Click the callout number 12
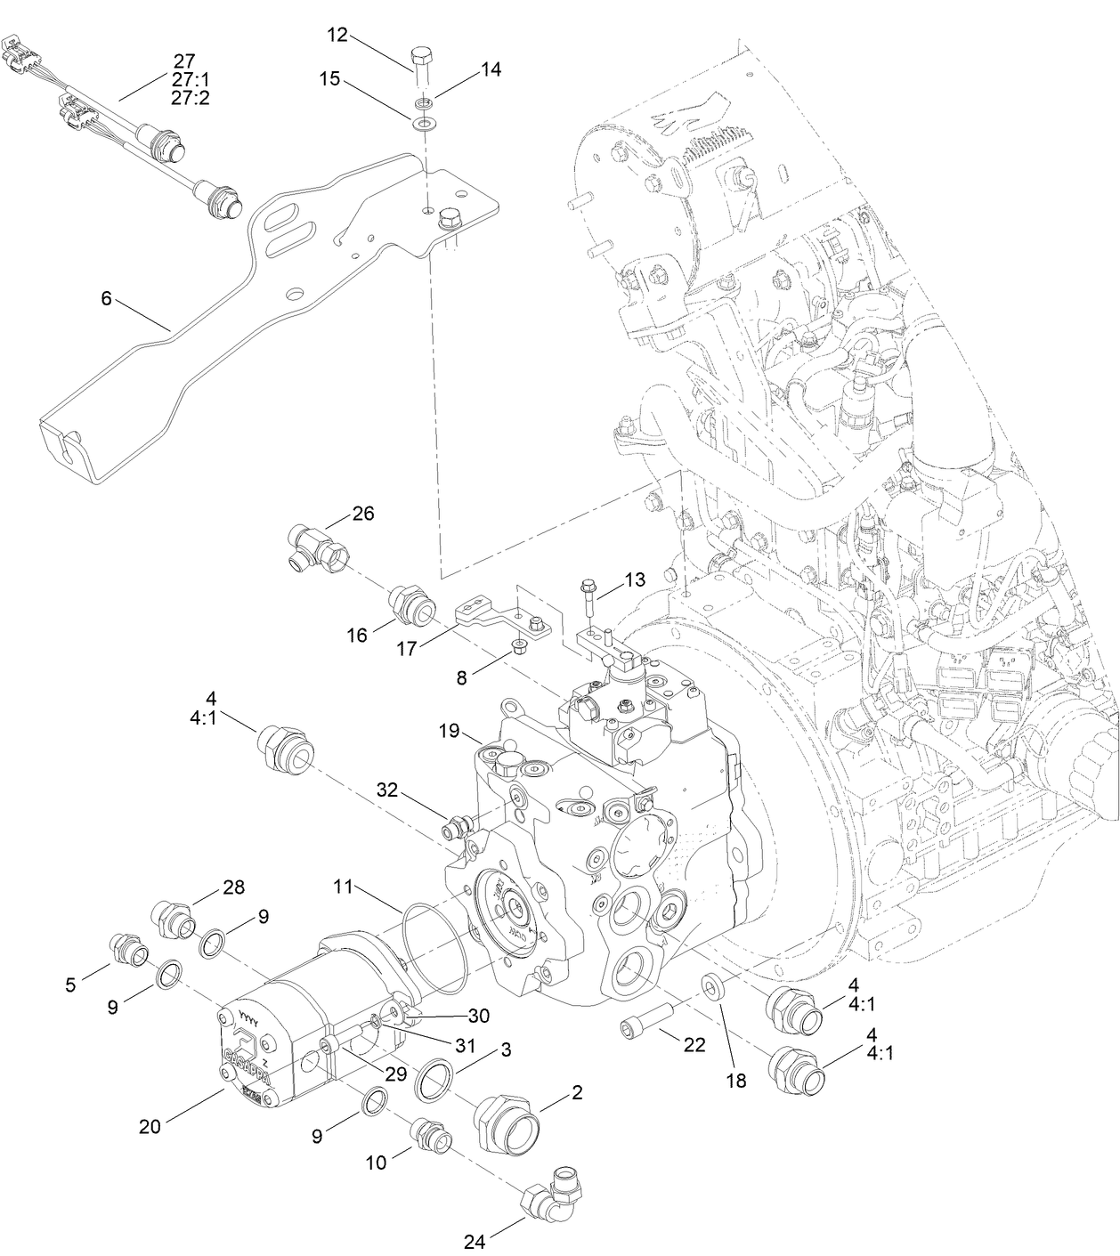point(337,36)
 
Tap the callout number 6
point(106,299)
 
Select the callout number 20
point(150,1126)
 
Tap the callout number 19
point(448,731)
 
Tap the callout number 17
point(406,649)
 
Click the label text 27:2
point(191,98)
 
